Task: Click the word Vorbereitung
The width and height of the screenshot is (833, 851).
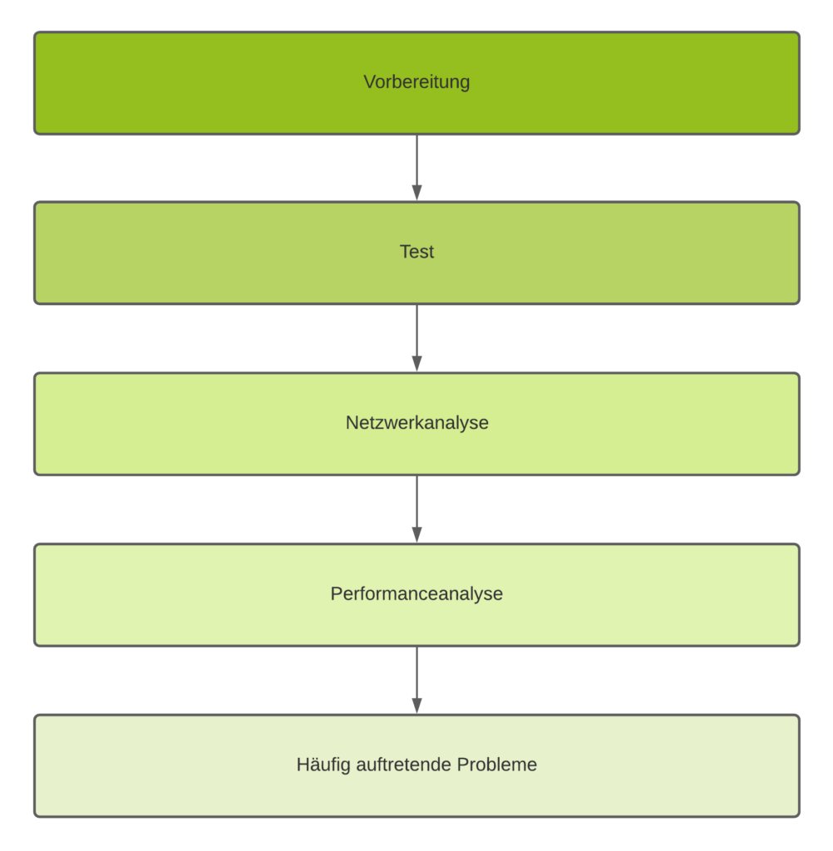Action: pyautogui.click(x=416, y=82)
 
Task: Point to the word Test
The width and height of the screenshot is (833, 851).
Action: pyautogui.click(x=416, y=252)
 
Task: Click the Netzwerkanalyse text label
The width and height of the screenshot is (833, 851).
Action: pyautogui.click(x=416, y=423)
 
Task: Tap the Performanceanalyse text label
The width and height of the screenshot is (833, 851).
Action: pyautogui.click(x=416, y=594)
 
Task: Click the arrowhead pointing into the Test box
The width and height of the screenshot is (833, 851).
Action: pyautogui.click(x=416, y=193)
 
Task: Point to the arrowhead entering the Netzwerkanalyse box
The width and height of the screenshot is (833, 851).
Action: pyautogui.click(x=416, y=364)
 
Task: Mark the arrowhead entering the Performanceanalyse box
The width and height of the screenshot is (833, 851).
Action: pyautogui.click(x=416, y=535)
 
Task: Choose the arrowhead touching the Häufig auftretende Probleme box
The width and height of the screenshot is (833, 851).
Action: pyautogui.click(x=416, y=706)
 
